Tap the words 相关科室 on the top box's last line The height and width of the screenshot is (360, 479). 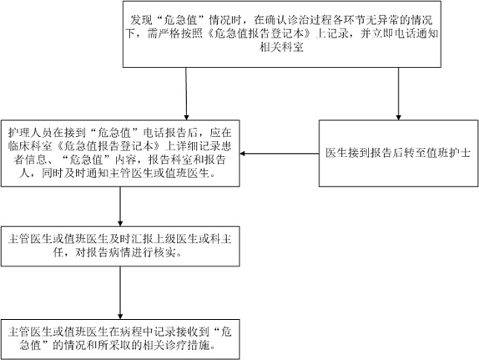(x=281, y=48)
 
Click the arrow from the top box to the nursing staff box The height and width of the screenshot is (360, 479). (x=186, y=94)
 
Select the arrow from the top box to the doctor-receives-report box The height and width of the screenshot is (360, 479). (x=398, y=94)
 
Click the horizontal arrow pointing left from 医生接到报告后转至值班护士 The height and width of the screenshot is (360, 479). (x=280, y=153)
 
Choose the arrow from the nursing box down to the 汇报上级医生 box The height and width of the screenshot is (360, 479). (x=120, y=207)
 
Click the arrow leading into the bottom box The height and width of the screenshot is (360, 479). (x=120, y=293)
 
